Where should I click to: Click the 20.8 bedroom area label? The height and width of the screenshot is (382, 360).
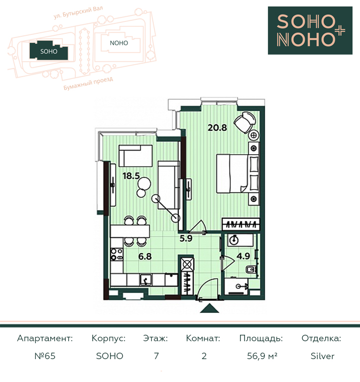pyautogui.click(x=217, y=127)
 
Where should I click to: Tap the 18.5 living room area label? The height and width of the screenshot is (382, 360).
pyautogui.click(x=131, y=176)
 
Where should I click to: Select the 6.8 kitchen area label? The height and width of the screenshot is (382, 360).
pyautogui.click(x=145, y=256)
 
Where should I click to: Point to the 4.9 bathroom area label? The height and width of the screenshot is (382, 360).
pyautogui.click(x=243, y=256)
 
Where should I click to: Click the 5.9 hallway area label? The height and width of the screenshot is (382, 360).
pyautogui.click(x=186, y=238)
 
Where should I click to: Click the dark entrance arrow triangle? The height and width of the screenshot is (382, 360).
pyautogui.click(x=209, y=308)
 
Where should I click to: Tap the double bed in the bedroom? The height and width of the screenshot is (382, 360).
pyautogui.click(x=238, y=174)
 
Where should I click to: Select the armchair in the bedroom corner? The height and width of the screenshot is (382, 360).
pyautogui.click(x=245, y=122)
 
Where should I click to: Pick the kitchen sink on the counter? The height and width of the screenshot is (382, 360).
pyautogui.click(x=146, y=280)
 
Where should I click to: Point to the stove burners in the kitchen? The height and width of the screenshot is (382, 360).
pyautogui.click(x=117, y=254)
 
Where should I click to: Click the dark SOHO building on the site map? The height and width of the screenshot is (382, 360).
pyautogui.click(x=49, y=51)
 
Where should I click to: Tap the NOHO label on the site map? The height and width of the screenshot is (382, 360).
pyautogui.click(x=119, y=43)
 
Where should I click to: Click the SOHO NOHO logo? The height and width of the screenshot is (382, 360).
pyautogui.click(x=310, y=30)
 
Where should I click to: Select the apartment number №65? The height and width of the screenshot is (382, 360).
pyautogui.click(x=45, y=356)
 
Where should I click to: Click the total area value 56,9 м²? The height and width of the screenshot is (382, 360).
pyautogui.click(x=262, y=356)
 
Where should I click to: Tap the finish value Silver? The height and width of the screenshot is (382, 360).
pyautogui.click(x=322, y=356)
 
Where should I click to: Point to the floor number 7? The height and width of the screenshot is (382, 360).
pyautogui.click(x=156, y=356)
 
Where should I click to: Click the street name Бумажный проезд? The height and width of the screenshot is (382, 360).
pyautogui.click(x=88, y=84)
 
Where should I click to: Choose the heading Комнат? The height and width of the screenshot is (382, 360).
pyautogui.click(x=203, y=338)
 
